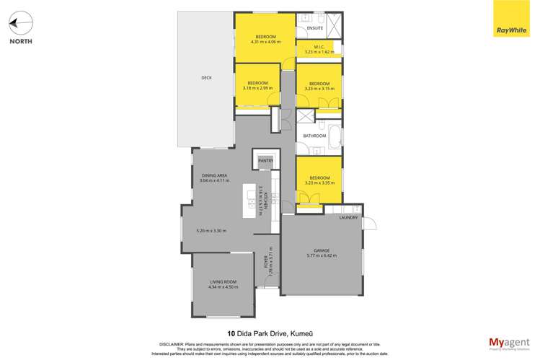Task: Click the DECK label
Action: (205, 78)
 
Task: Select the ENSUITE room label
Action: (315, 28)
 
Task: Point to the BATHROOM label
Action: (314, 136)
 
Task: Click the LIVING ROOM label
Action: (223, 283)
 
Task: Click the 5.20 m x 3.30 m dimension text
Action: (211, 231)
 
